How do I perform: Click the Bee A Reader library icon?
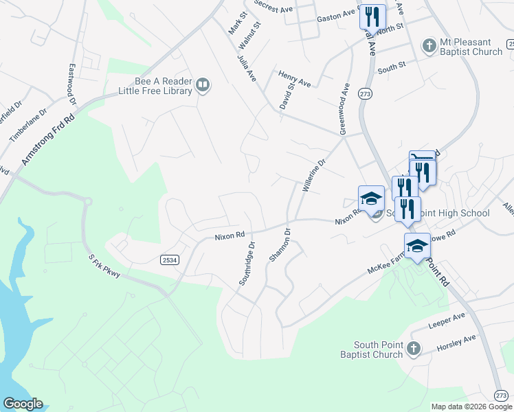pyautogui.click(x=203, y=85)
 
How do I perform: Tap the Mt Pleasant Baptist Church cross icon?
pyautogui.click(x=429, y=46)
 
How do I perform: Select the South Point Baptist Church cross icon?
pyautogui.click(x=412, y=349)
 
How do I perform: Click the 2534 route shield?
pyautogui.click(x=169, y=260)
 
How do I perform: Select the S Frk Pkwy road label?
pyautogui.click(x=104, y=267)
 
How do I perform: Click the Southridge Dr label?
pyautogui.click(x=246, y=264)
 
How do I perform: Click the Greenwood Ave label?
pyautogui.click(x=344, y=108)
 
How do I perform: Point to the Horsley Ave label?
pyautogui.click(x=456, y=343)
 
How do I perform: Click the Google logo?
pyautogui.click(x=23, y=404)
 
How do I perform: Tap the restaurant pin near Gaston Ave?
pyautogui.click(x=372, y=16)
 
